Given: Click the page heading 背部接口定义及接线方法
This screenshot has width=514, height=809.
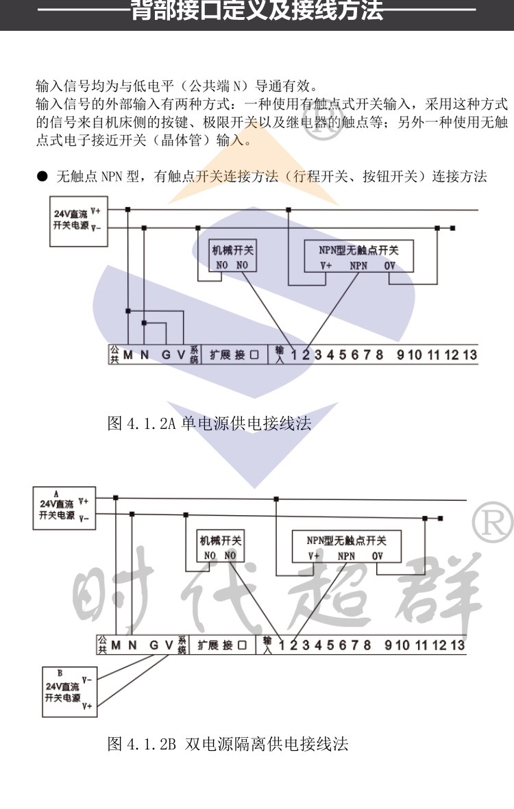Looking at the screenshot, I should point(257,12).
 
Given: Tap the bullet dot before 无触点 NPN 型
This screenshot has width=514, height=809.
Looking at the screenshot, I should point(42,177).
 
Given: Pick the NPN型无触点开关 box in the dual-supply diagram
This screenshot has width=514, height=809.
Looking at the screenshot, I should point(346,547).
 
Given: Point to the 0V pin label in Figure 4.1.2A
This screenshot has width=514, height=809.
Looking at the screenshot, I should point(389,266).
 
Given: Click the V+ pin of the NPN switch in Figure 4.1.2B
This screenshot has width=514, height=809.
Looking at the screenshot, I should point(314,556).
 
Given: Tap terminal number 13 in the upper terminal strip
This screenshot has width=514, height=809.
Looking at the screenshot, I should point(469,355).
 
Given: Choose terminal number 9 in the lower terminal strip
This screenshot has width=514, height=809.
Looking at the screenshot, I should point(388,645).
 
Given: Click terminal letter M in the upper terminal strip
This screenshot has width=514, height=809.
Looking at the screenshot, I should point(127,355).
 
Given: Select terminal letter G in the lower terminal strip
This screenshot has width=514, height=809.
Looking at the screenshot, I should point(154,645).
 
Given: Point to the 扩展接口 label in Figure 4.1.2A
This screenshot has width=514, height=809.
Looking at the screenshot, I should point(234,355).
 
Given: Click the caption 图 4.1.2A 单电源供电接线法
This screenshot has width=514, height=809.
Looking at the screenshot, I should point(210,423).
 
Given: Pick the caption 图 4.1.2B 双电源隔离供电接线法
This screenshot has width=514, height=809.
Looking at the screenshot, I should point(228,744).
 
